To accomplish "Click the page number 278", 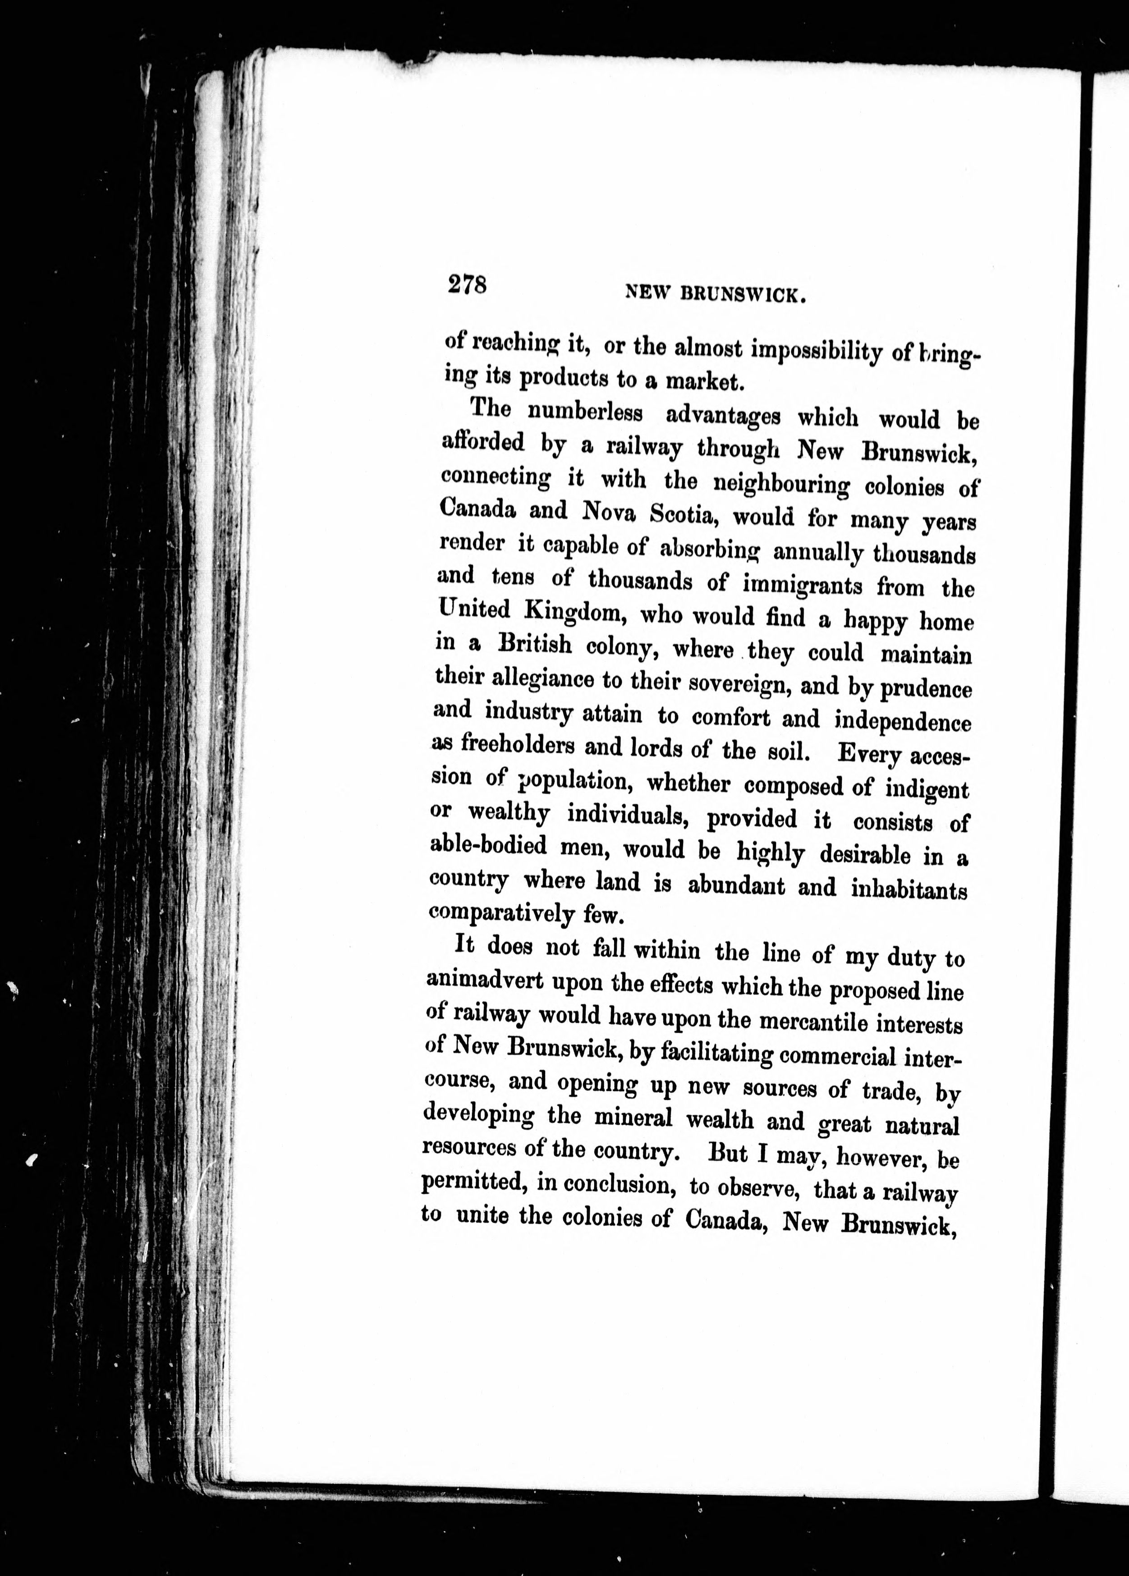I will coord(467,285).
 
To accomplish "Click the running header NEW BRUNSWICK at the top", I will coord(716,295).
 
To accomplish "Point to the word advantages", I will coord(723,416).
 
